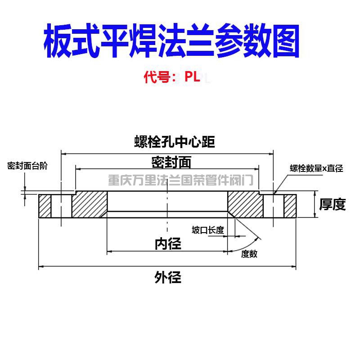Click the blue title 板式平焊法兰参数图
tap(172, 40)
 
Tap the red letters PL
tap(193, 76)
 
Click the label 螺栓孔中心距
tap(175, 142)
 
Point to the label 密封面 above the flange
tap(171, 162)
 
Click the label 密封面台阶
tap(27, 166)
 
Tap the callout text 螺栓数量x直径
tap(316, 168)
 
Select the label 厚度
tap(332, 204)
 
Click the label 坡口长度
tap(208, 230)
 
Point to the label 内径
tap(168, 244)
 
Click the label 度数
tap(249, 254)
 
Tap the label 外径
tap(168, 277)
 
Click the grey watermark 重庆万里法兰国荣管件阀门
tap(181, 180)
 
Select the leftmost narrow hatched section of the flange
tap(45, 206)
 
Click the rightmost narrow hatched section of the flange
tap(290, 206)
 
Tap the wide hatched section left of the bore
tap(90, 204)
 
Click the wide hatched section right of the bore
tap(245, 204)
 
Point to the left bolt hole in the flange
tap(61, 206)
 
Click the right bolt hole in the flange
tap(274, 206)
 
